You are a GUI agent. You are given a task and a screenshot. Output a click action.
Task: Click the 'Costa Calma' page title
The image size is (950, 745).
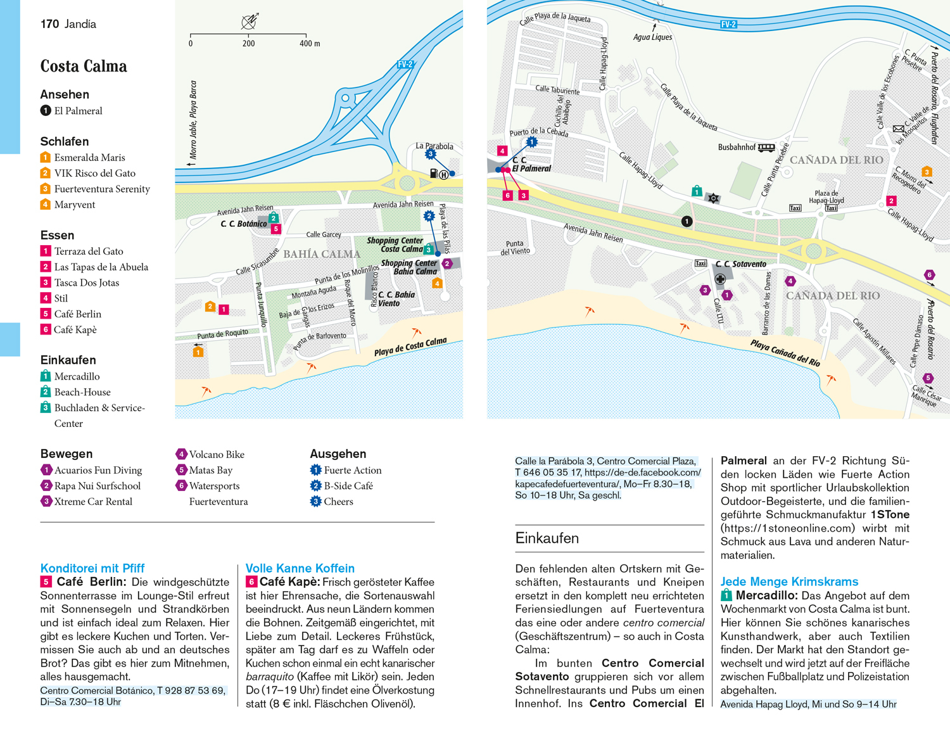[x=84, y=66]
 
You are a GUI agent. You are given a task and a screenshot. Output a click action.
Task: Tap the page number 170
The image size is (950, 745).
[x=49, y=24]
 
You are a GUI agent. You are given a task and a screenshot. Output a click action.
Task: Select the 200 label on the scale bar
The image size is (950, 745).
[x=248, y=43]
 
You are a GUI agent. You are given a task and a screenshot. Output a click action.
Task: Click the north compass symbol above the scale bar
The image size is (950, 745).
[x=250, y=21]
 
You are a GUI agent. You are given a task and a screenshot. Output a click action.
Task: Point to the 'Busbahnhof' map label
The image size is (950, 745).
[x=737, y=148]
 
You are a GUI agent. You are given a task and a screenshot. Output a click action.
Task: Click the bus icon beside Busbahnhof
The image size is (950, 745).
[x=766, y=148]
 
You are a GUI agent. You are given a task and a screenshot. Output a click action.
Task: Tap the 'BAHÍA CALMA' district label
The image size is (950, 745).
[x=322, y=254]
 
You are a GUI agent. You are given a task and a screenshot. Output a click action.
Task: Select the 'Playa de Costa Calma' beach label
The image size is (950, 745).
[x=410, y=347]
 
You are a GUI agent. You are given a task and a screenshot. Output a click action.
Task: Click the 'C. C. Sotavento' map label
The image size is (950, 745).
[x=740, y=264]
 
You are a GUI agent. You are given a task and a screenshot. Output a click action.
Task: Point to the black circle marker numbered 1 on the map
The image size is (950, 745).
[x=687, y=222]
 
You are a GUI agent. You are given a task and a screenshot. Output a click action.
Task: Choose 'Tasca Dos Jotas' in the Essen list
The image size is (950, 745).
[x=87, y=283]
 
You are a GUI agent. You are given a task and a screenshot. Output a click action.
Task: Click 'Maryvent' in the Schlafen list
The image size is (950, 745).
[x=74, y=205]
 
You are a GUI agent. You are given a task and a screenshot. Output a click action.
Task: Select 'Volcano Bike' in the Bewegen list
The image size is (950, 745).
[x=217, y=454]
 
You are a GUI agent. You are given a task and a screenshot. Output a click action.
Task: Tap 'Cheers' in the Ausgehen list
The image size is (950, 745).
[x=338, y=502]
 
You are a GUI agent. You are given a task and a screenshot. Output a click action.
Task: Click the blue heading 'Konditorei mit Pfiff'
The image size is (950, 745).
[x=92, y=568]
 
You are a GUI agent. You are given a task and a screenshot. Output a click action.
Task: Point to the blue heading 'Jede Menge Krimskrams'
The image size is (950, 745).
[x=789, y=582]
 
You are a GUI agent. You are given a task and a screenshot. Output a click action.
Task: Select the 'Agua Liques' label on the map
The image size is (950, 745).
[x=652, y=37]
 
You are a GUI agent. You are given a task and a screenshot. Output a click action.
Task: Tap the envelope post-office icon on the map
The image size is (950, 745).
[x=898, y=129]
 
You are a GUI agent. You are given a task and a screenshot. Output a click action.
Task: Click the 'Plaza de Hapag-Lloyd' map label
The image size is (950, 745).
[x=826, y=197]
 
